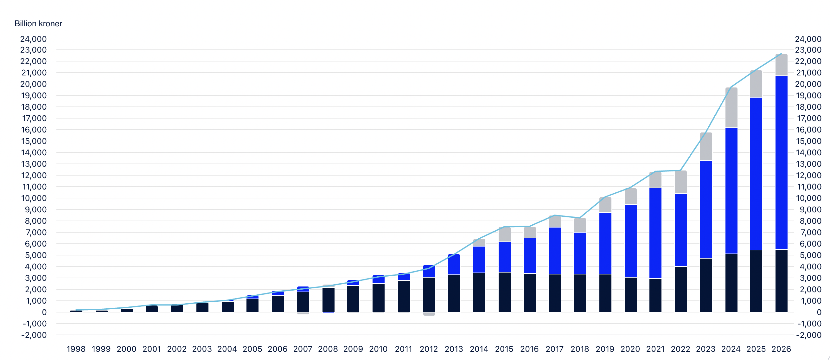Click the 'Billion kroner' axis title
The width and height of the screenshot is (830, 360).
38,23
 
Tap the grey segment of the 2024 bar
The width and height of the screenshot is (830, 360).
731,108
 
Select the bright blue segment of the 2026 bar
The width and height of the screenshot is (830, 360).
781,163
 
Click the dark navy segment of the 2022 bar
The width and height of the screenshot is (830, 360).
681,289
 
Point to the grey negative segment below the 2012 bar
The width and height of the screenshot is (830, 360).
429,314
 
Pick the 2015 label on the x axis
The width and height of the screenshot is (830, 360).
504,349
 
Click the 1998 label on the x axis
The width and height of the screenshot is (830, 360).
76,349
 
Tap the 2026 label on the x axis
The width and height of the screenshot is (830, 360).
781,349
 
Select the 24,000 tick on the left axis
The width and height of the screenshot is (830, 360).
34,39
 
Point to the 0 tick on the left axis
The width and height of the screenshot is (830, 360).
44,312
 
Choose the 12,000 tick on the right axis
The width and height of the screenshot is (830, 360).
808,175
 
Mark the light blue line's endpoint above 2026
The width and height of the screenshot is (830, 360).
781,54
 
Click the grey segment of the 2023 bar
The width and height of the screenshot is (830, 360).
706,147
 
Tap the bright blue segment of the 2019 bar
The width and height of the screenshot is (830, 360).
605,243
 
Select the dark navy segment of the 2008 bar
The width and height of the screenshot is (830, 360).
328,300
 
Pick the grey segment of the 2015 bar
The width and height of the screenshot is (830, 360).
505,234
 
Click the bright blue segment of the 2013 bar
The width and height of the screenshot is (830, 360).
454,265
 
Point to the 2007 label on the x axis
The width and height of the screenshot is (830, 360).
303,349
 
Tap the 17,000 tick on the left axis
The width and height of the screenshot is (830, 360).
34,118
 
